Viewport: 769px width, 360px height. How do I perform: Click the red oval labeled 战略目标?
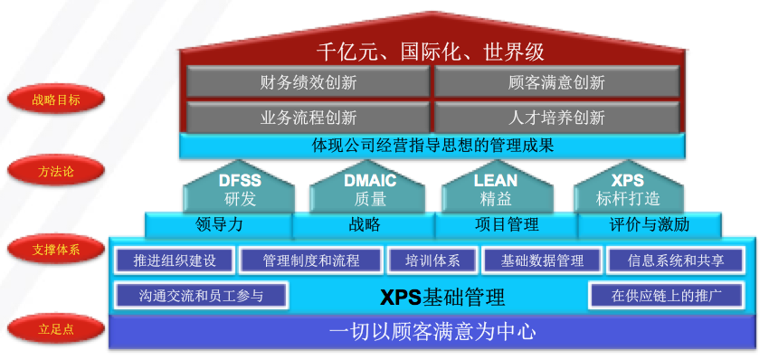56,100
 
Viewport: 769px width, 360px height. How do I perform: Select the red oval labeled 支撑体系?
56,249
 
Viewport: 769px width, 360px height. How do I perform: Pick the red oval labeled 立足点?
56,329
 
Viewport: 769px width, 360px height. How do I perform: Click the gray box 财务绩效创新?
308,82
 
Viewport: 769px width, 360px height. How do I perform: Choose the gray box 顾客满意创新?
556,82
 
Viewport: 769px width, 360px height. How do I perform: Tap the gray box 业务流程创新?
308,117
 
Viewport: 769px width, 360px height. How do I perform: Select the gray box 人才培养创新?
556,117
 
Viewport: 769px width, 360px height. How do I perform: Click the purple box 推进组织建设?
175,261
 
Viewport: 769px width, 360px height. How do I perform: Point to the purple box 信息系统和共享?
673,261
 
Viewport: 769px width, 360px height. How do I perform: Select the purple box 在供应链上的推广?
666,295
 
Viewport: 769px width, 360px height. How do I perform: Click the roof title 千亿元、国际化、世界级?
430,51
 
